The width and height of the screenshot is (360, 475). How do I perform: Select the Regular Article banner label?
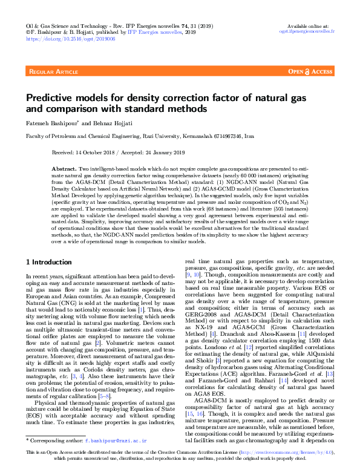(53, 72)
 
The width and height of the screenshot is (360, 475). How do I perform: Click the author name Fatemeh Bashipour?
(51, 123)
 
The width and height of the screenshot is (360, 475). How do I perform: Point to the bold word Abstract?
(64, 167)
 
